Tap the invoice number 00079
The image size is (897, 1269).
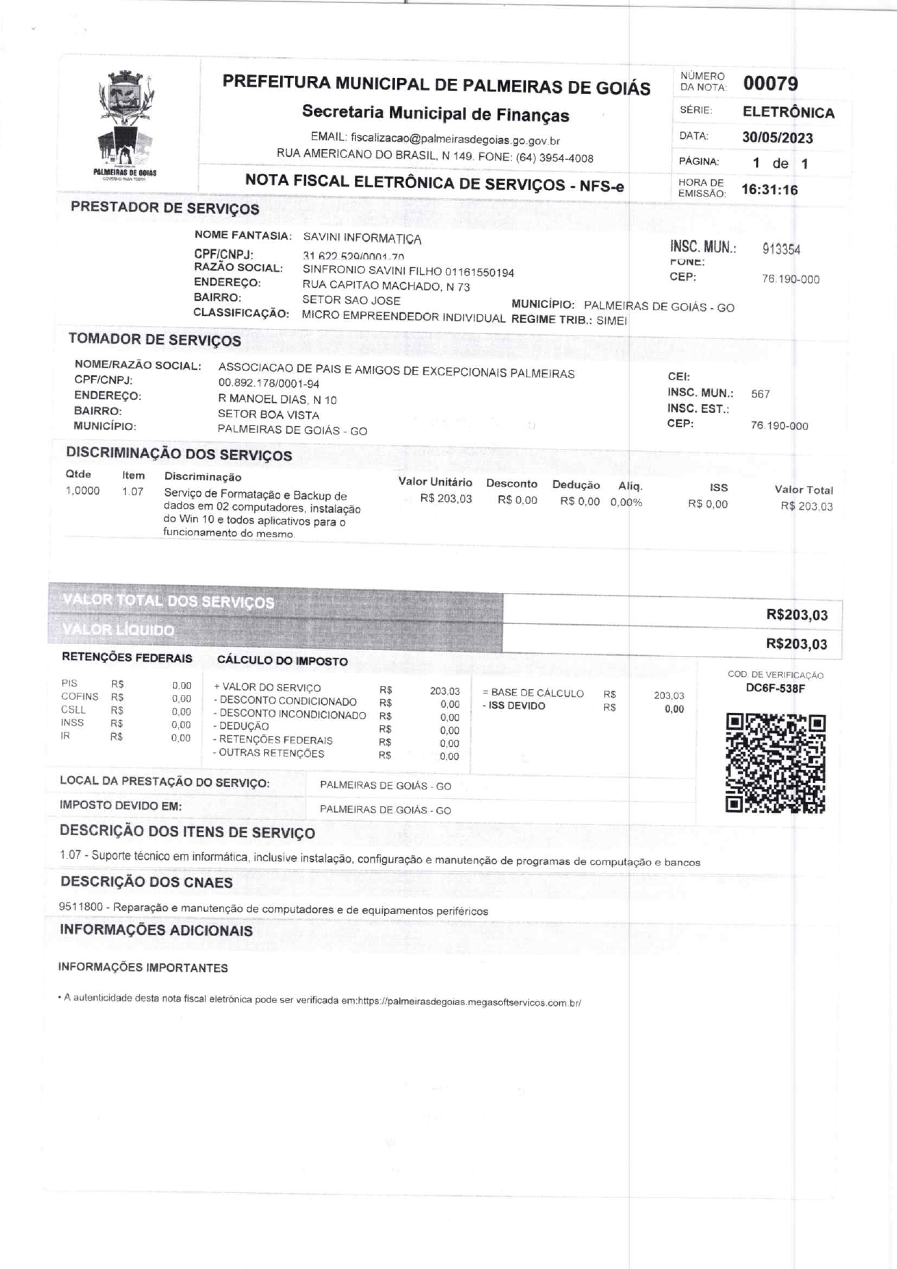770,84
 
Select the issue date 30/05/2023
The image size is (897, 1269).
777,137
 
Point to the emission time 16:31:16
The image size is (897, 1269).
770,190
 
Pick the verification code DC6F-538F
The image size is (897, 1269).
775,688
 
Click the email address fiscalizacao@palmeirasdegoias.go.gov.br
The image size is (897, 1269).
455,140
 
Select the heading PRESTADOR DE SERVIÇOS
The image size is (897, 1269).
165,208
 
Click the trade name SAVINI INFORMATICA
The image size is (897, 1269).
362,238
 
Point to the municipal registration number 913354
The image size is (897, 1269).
781,249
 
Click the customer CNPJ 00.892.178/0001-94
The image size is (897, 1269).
268,383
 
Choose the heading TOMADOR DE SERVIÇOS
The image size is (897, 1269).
155,339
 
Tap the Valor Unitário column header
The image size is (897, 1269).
435,482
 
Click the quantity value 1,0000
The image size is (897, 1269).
82,491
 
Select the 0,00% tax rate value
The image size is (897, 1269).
626,502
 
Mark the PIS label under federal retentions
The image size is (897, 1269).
69,683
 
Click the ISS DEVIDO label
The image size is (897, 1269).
516,706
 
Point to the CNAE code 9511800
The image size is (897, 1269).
80,907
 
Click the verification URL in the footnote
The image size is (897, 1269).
469,1002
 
